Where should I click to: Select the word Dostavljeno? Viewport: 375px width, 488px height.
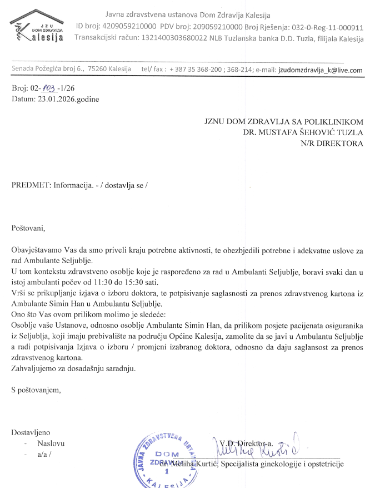[31, 432]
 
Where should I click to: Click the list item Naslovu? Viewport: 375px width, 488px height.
[51, 443]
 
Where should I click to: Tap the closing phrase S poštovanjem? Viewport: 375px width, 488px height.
[36, 390]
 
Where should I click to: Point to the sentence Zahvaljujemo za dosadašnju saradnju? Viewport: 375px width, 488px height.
[73, 368]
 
